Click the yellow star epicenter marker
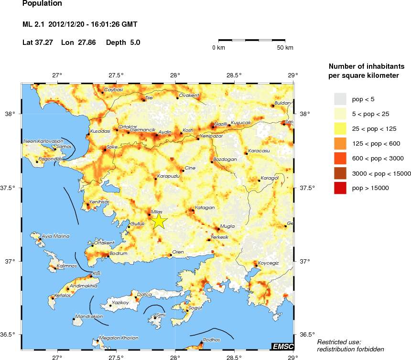(x=159, y=222)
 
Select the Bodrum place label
(x=119, y=254)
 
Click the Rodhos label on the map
(x=212, y=339)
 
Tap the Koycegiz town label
(x=268, y=263)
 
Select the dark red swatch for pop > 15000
(x=340, y=188)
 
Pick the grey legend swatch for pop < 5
(x=340, y=99)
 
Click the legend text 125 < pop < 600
(x=371, y=143)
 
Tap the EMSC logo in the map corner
(x=282, y=346)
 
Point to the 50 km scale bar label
(x=285, y=48)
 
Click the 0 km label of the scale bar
(x=218, y=48)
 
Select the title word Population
(x=42, y=4)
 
